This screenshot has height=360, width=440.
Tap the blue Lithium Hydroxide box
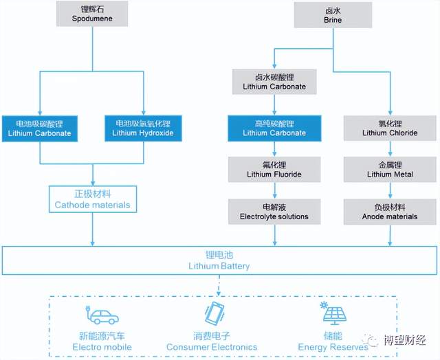point(143,128)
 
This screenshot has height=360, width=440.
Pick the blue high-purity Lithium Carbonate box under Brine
point(274,128)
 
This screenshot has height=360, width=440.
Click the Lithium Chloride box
point(390,128)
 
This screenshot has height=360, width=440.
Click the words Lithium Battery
point(219,266)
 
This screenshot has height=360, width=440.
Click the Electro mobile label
point(102,347)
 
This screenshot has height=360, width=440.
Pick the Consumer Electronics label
point(212,347)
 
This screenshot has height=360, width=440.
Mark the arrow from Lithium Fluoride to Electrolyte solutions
point(274,190)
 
